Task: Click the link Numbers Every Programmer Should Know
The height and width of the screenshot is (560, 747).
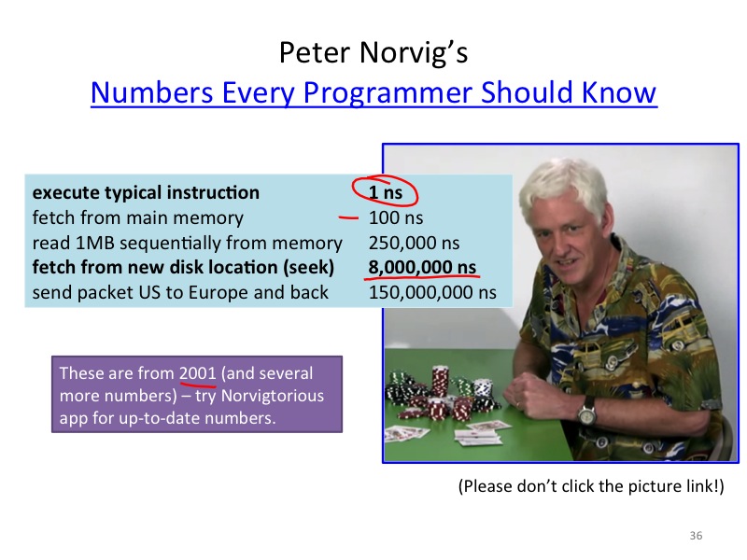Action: coord(373,92)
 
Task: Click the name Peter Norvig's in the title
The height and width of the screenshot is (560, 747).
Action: coord(373,52)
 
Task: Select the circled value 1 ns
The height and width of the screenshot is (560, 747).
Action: coord(386,192)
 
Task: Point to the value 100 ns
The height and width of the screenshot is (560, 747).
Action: coord(396,217)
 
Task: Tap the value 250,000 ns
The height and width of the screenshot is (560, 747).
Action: coord(414,243)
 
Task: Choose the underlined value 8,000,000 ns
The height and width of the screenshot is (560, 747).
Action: coord(422,267)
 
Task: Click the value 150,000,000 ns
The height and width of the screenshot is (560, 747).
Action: coord(432,292)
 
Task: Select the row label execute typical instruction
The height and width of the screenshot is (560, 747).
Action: coord(146,193)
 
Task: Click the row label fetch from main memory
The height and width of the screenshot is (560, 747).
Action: coord(137,218)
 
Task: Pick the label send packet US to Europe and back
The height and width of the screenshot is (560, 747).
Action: coord(180,292)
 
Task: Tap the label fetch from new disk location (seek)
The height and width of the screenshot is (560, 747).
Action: coord(183,267)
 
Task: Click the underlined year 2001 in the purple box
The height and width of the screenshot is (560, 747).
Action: coord(198,372)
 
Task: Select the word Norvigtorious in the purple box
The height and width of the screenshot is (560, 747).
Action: coord(273,396)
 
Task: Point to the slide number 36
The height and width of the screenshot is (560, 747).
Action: coord(696,536)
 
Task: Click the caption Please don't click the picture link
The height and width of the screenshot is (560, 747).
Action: coord(591,486)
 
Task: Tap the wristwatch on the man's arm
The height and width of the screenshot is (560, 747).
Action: coord(587,413)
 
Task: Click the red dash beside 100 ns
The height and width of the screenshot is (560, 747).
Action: coord(348,217)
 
